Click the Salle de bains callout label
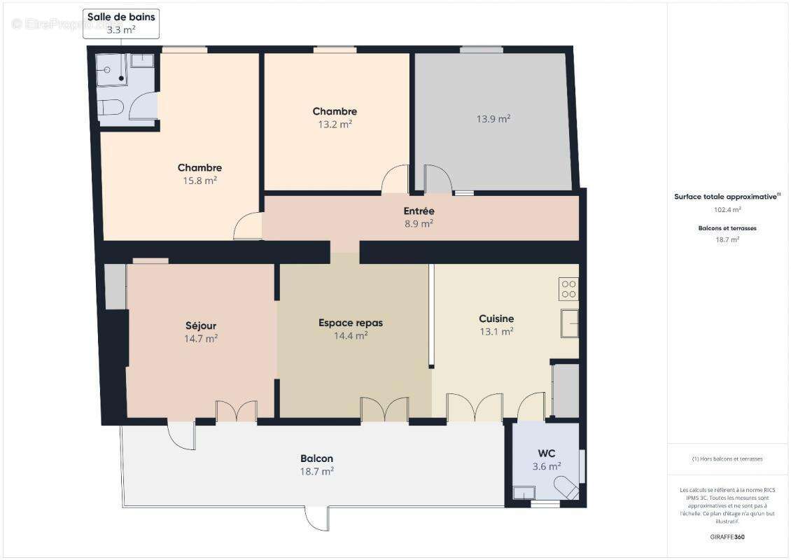[121, 22]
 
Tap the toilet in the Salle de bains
[111, 108]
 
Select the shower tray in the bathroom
[112, 70]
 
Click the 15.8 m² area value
[199, 181]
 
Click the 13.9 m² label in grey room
[493, 119]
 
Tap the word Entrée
[419, 211]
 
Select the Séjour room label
[200, 325]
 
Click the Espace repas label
[351, 323]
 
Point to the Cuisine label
[496, 318]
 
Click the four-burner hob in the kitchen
[568, 289]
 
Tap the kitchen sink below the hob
[569, 323]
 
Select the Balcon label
[316, 458]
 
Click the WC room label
[546, 454]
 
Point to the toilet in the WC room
[566, 486]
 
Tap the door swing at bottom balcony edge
[316, 518]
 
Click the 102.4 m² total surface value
[727, 209]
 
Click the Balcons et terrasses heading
[727, 228]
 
